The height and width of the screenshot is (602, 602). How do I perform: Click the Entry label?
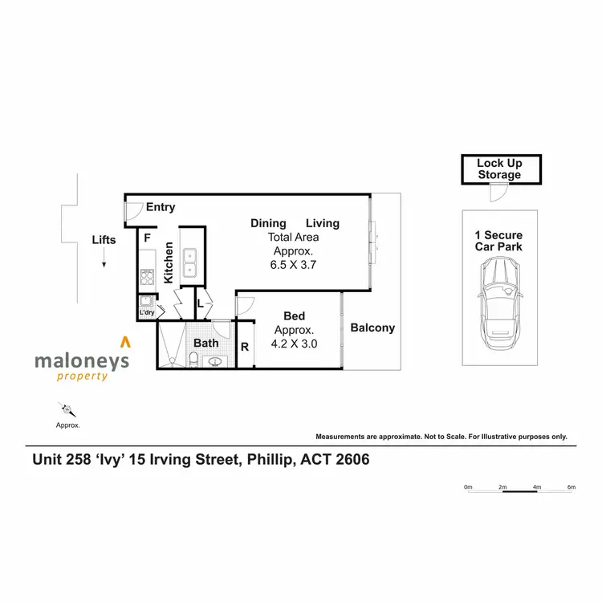click(161, 207)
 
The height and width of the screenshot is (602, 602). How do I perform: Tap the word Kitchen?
click(169, 262)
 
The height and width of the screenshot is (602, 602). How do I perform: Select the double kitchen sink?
click(190, 263)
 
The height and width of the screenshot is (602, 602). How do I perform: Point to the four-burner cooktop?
click(147, 279)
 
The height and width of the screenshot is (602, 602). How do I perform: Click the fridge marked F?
click(147, 238)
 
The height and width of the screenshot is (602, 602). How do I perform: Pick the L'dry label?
click(146, 312)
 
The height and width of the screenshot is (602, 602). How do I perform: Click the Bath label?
click(206, 344)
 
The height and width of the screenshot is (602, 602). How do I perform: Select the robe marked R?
click(245, 347)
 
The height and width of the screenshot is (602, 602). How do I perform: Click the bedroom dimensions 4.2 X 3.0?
click(295, 344)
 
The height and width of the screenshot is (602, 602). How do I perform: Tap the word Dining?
click(267, 223)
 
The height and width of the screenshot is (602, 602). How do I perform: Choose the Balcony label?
click(372, 327)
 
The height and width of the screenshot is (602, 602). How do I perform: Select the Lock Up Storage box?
click(499, 169)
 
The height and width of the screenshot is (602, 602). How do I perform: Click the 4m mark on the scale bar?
click(537, 487)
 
